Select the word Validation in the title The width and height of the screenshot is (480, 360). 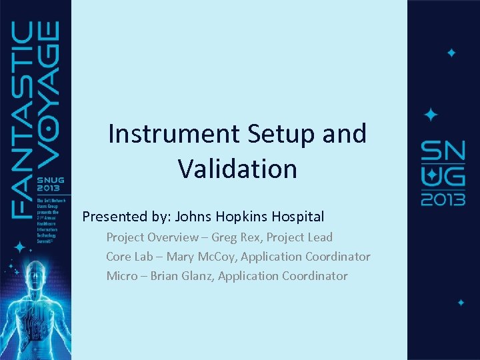237,169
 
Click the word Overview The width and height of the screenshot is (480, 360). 174,237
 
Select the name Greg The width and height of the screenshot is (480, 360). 225,237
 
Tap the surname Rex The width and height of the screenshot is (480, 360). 252,237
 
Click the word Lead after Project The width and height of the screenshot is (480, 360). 319,237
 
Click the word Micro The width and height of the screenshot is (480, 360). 121,276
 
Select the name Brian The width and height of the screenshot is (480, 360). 164,276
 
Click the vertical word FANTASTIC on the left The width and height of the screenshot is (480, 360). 25,120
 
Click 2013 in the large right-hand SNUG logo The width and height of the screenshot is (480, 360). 442,199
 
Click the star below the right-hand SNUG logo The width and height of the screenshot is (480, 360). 461,302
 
